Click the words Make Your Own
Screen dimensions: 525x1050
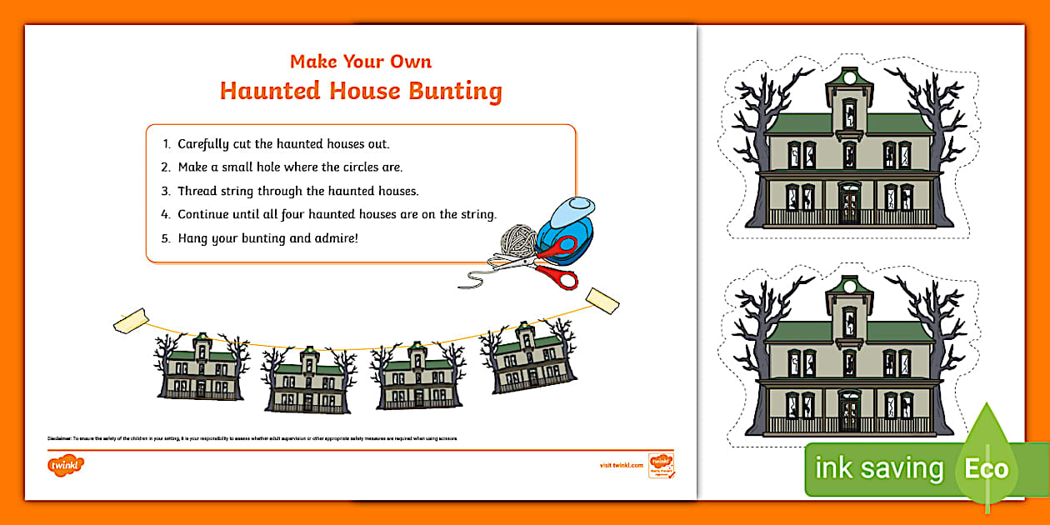[x=361, y=62]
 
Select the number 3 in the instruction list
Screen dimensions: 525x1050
[x=166, y=191]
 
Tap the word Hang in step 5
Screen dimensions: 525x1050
[x=193, y=237]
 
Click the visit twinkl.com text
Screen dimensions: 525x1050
[x=621, y=465]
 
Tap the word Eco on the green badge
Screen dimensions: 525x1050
[x=987, y=468]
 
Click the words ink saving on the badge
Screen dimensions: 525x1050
[x=878, y=468]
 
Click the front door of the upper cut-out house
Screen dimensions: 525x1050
[x=848, y=204]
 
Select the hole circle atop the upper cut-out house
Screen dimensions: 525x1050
[x=849, y=79]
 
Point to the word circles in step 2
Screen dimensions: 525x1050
[x=361, y=167]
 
